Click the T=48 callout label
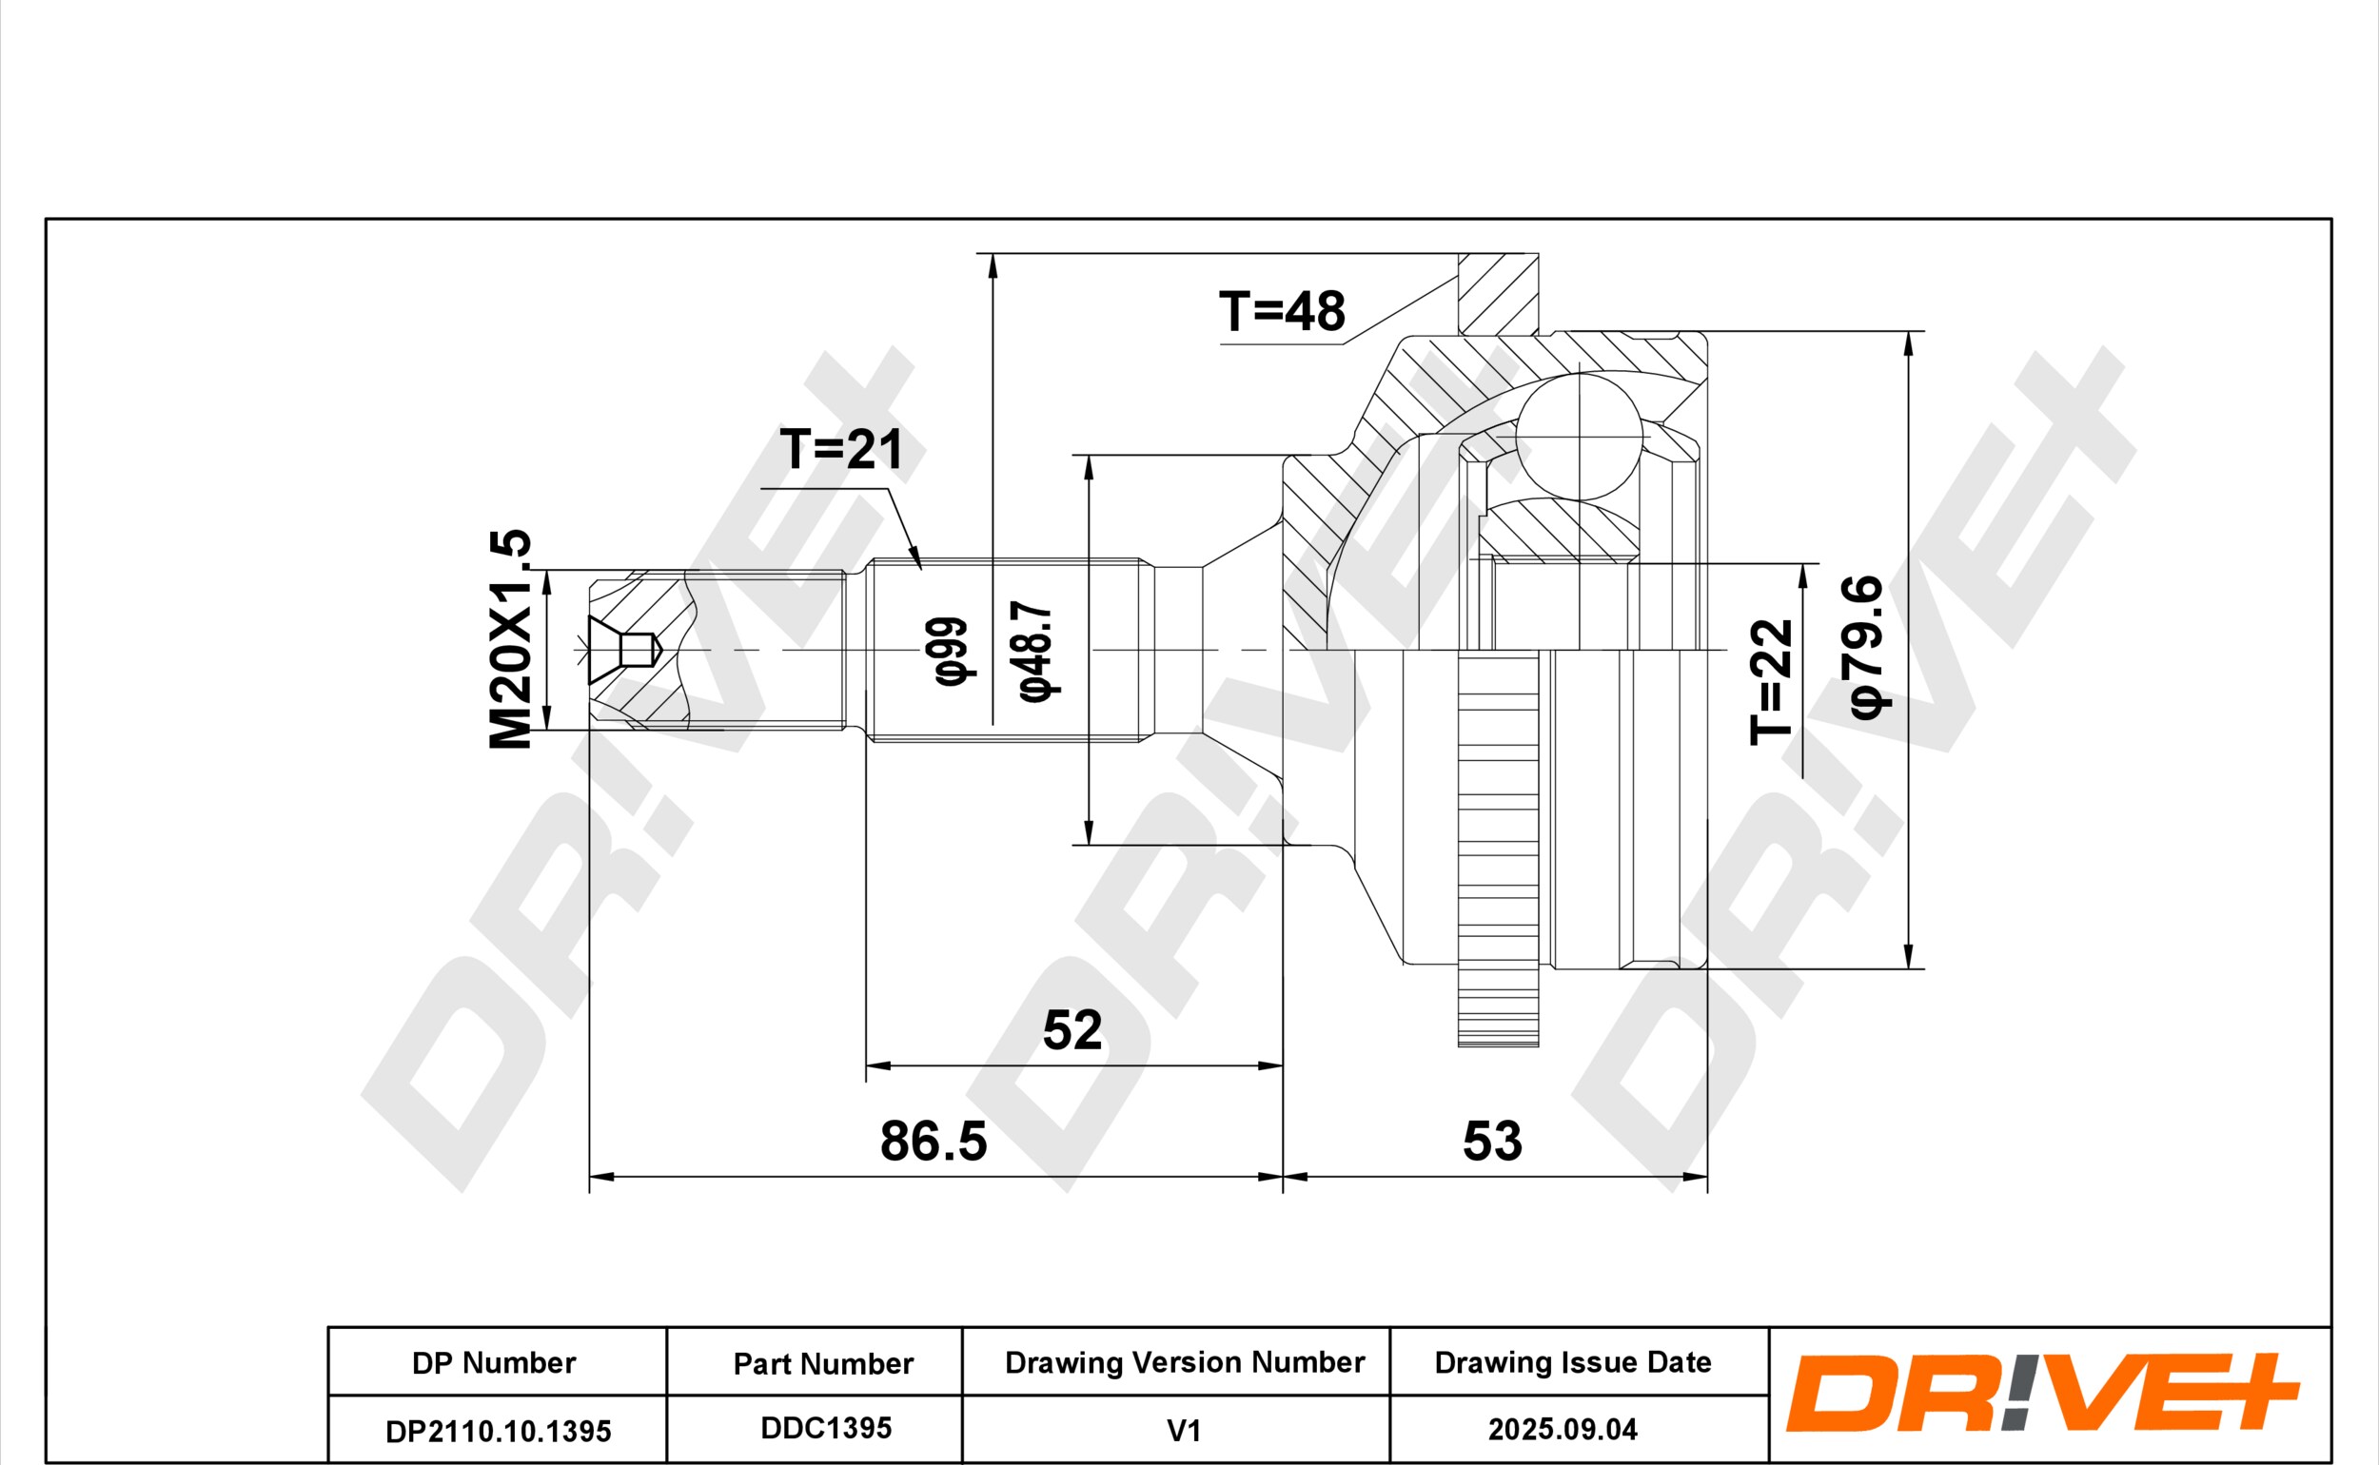point(1281,311)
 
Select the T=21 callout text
point(841,450)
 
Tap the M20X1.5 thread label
point(511,639)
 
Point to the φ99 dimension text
point(951,651)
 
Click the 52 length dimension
point(1072,1030)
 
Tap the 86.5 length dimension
point(934,1142)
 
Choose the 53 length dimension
point(1492,1142)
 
